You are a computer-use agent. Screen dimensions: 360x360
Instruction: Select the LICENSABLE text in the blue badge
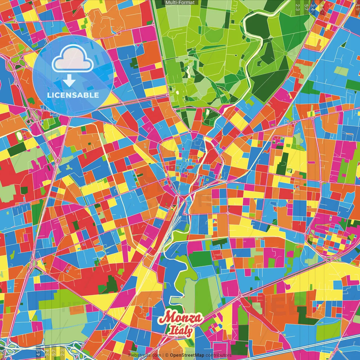coord(73,95)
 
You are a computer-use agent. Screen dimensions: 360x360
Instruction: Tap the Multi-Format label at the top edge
coord(180,3)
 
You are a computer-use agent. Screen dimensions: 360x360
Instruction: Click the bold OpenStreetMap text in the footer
coord(187,355)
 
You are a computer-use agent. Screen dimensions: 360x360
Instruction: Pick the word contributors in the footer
coord(219,355)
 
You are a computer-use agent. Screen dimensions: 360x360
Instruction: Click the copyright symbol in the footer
coord(167,355)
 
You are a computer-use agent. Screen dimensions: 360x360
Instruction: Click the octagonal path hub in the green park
coord(285,53)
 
